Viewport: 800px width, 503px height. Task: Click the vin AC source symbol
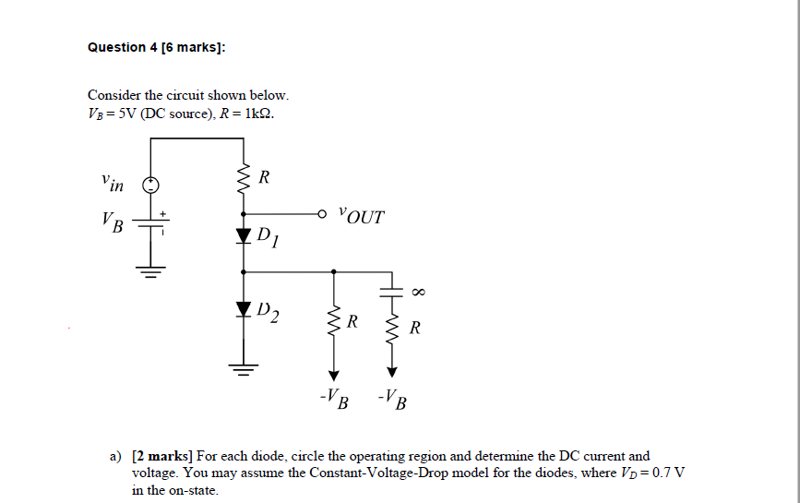tap(149, 184)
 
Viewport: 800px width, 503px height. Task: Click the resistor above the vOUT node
tap(244, 176)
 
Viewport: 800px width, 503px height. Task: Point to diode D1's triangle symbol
tap(244, 236)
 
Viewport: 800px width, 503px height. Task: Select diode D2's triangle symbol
tap(244, 307)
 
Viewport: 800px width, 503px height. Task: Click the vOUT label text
tap(361, 217)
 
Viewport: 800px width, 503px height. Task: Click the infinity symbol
tap(417, 292)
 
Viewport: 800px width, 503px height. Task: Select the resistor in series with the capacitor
tap(391, 330)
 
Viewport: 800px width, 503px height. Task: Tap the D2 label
tap(269, 312)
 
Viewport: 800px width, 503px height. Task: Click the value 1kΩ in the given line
tap(254, 114)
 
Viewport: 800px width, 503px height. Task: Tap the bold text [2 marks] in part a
tap(161, 456)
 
